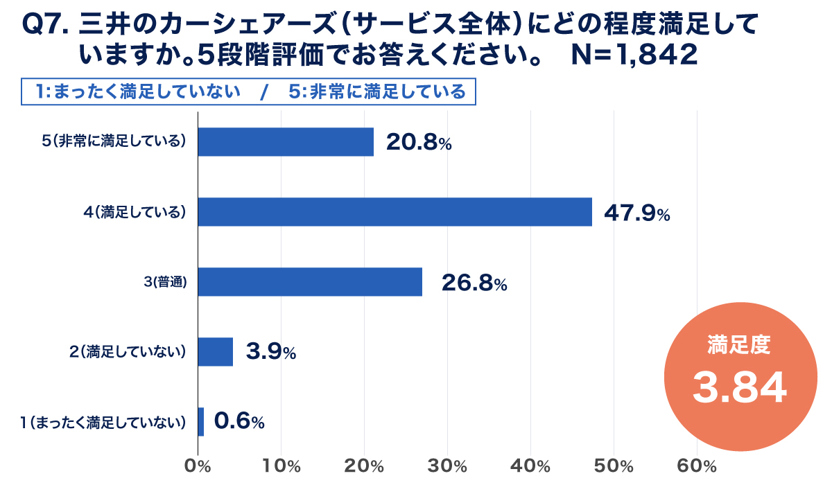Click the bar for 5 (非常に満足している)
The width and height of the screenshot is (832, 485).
pyautogui.click(x=286, y=142)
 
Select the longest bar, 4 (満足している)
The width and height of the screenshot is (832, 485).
pyautogui.click(x=395, y=212)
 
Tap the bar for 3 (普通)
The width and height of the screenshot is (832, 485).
pyautogui.click(x=310, y=282)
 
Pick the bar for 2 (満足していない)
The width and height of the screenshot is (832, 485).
pyautogui.click(x=216, y=352)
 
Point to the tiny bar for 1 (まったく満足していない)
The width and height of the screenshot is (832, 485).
pyautogui.click(x=201, y=421)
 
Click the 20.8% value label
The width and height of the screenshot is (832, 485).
pyautogui.click(x=419, y=143)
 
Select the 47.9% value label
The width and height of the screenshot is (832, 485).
pyautogui.click(x=636, y=213)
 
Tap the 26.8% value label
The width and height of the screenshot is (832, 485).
pyautogui.click(x=474, y=283)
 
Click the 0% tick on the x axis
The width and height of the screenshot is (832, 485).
pyautogui.click(x=199, y=466)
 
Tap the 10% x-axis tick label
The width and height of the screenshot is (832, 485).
pyautogui.click(x=282, y=466)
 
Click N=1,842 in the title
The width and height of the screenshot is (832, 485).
pyautogui.click(x=634, y=55)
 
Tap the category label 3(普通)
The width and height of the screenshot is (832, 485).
pyautogui.click(x=165, y=282)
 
